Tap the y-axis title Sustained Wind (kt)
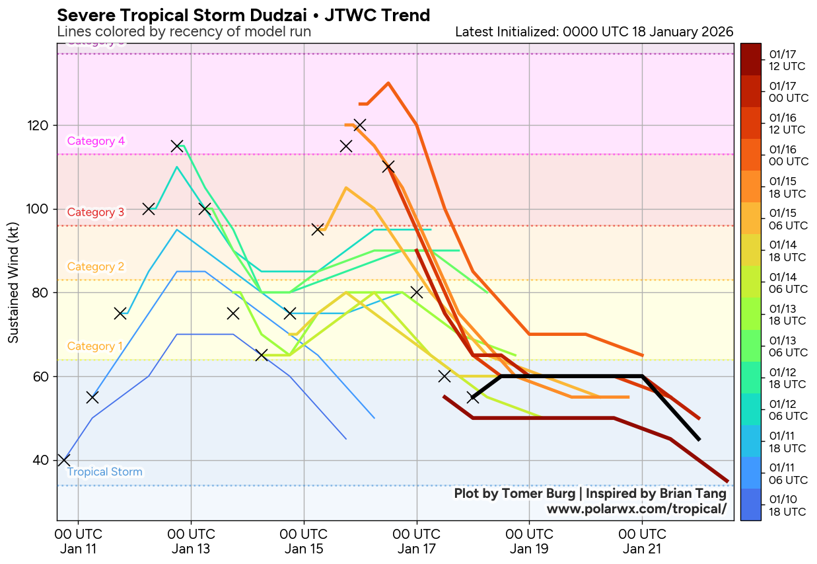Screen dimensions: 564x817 [x=13, y=282]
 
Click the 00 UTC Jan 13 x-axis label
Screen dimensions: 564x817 [x=191, y=541]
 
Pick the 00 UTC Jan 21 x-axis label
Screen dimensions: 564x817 [x=642, y=541]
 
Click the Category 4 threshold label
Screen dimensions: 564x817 [x=96, y=141]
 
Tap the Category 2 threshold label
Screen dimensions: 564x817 [x=96, y=266]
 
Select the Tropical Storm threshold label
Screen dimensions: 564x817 [x=104, y=471]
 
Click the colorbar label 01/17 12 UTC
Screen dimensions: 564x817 [x=787, y=60]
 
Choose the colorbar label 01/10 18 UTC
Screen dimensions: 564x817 [x=787, y=505]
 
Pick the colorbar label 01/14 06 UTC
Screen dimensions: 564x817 [x=787, y=282]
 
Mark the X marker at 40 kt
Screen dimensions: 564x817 [x=63, y=460]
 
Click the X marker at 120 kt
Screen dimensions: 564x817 [x=360, y=125]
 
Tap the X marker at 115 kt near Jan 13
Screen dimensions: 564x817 [x=177, y=146]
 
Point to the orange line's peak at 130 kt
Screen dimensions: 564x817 [x=388, y=83]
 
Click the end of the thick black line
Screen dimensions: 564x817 [x=699, y=440]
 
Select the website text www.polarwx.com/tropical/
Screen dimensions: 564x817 [x=636, y=508]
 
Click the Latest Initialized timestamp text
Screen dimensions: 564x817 [x=594, y=32]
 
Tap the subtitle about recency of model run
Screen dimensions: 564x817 [x=184, y=32]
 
